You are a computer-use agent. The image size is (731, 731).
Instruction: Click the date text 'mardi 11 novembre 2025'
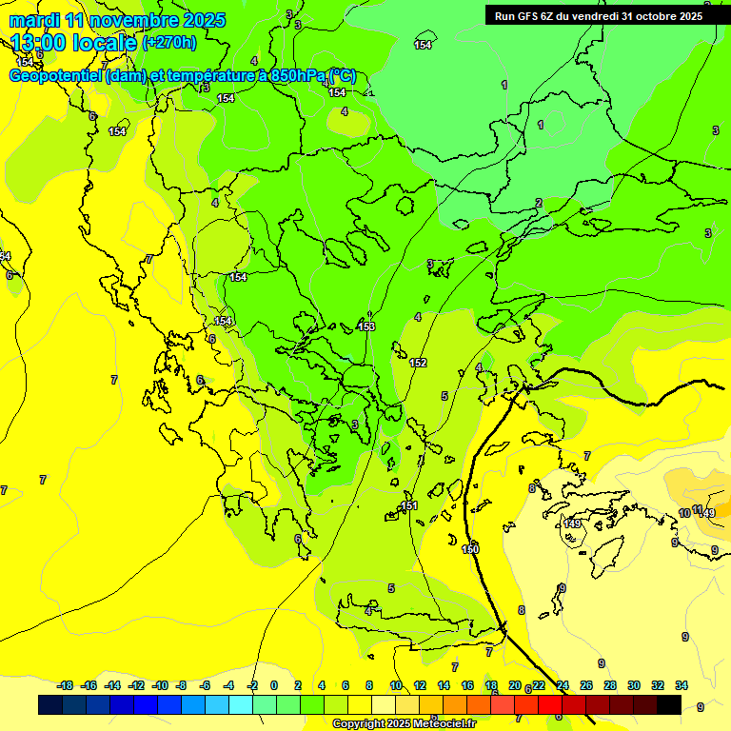coord(117,20)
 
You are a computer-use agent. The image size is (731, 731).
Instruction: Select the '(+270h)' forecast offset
coord(169,43)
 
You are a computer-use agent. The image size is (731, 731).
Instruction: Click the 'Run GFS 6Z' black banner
coord(599,15)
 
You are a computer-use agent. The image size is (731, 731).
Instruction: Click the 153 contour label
coord(366,326)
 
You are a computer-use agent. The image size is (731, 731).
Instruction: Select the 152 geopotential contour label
coord(418,363)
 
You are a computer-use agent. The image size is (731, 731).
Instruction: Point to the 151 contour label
coord(409,505)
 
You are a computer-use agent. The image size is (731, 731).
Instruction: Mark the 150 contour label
coord(470,549)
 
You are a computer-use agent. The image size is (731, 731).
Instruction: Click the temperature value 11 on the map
coord(698,510)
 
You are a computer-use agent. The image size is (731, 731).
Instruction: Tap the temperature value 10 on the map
coord(684,514)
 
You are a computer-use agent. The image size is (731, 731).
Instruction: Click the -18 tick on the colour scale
coord(65,685)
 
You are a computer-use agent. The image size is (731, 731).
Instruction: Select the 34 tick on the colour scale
coord(681,685)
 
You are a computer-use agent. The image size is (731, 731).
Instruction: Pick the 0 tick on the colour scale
coord(274,685)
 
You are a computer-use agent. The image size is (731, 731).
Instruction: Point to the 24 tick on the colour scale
coord(563,685)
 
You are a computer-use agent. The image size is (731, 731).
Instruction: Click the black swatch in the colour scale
coord(668,705)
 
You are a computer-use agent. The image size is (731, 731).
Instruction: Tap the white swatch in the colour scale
coord(383,705)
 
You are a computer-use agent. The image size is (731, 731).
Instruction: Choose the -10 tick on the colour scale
coord(159,685)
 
